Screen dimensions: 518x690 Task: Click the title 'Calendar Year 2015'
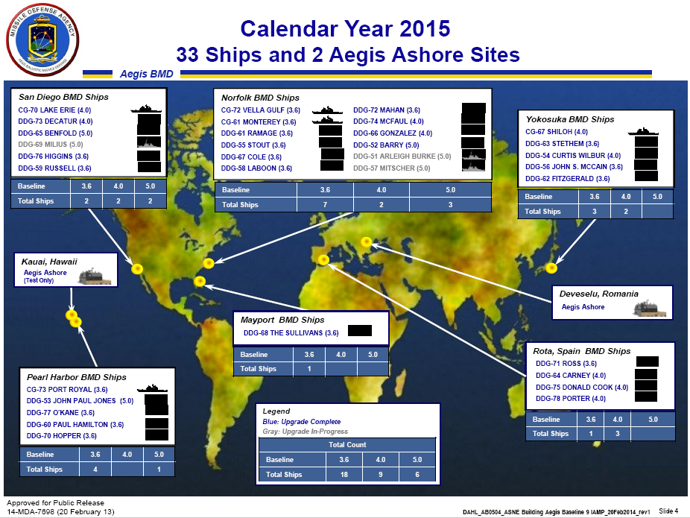pyautogui.click(x=346, y=29)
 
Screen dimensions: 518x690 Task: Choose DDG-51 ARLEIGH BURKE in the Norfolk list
pyautogui.click(x=402, y=157)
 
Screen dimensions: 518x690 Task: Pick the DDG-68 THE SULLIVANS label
pyautogui.click(x=291, y=332)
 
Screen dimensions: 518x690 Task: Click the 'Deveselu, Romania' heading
pyautogui.click(x=599, y=294)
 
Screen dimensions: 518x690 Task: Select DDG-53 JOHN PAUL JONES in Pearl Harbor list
pyautogui.click(x=80, y=401)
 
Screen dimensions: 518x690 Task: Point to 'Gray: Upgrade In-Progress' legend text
pyautogui.click(x=306, y=432)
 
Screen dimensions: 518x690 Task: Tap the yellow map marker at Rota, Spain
pyautogui.click(x=323, y=259)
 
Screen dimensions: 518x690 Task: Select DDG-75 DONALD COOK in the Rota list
pyautogui.click(x=582, y=388)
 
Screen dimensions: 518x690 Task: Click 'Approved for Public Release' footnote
pyautogui.click(x=56, y=503)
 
